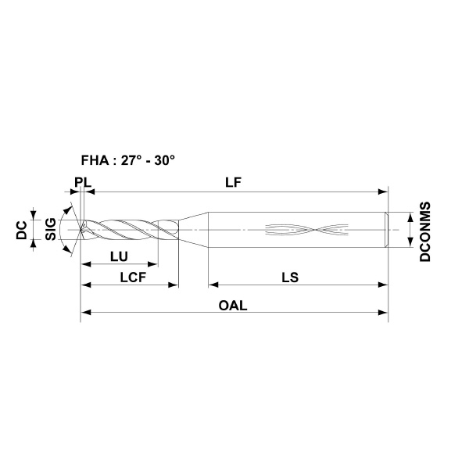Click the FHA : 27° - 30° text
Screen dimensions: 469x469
[127, 160]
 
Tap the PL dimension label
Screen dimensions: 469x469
[83, 182]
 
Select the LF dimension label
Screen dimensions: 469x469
[233, 182]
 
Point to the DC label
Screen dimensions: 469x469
[22, 231]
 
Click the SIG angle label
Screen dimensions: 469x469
[51, 229]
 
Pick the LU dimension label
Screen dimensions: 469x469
[119, 256]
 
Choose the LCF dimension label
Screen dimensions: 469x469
[133, 277]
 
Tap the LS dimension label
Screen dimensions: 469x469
[290, 277]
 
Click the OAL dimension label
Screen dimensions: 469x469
[233, 306]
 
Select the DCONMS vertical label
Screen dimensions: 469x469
[425, 232]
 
